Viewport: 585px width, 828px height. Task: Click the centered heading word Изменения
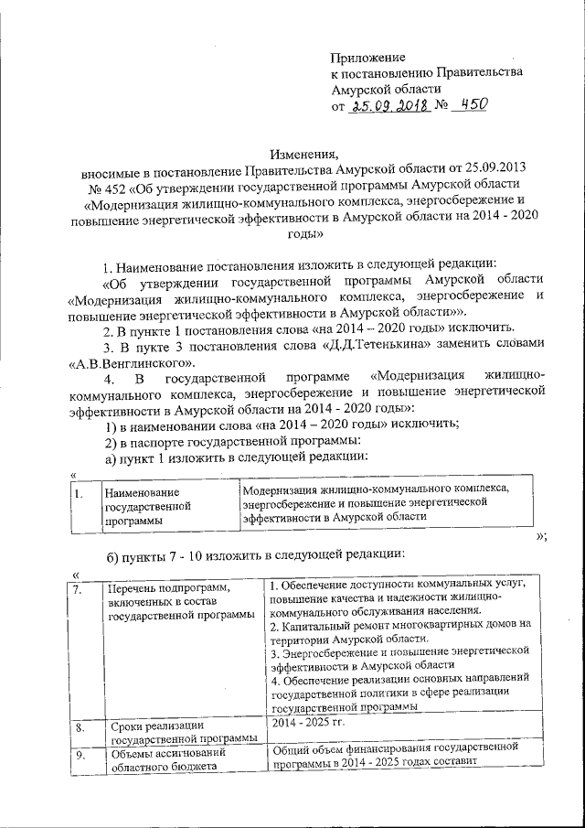pos(303,154)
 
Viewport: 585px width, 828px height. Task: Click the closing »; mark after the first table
pos(538,537)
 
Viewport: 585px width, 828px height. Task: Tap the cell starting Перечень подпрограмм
pos(179,602)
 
